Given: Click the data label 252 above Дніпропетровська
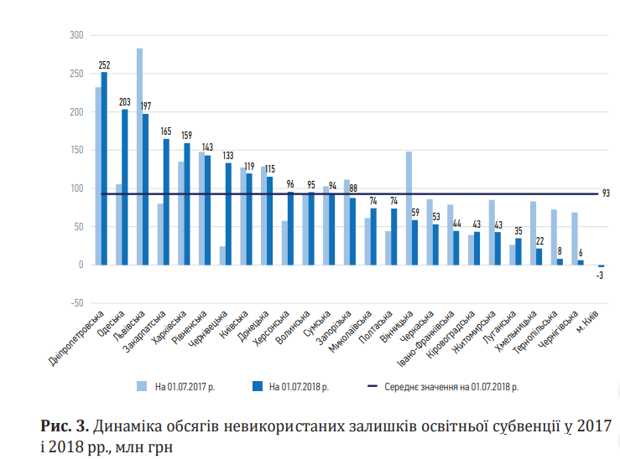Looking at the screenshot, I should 104,64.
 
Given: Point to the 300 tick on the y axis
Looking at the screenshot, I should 77,35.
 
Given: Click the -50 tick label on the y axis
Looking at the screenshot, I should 76,303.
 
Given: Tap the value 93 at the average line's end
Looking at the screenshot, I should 606,193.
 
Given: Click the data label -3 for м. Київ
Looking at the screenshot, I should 600,276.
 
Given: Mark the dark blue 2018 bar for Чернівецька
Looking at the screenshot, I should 228,214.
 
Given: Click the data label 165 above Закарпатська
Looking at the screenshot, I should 166,132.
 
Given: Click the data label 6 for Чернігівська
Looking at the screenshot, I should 580,253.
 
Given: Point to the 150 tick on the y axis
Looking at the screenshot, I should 77,150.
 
